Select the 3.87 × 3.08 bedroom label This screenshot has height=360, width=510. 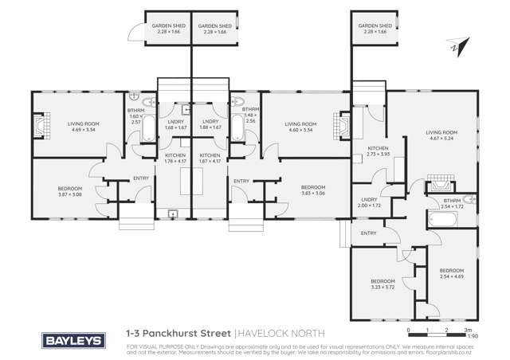coord(70,191)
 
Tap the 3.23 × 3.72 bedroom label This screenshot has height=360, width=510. coord(382,284)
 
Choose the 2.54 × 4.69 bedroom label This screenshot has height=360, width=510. coord(453,273)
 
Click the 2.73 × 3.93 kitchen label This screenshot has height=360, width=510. coord(378,151)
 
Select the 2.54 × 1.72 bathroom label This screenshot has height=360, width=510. coord(452,203)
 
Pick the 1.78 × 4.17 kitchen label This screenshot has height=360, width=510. coord(175,158)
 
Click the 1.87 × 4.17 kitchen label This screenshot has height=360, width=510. coord(210,158)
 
